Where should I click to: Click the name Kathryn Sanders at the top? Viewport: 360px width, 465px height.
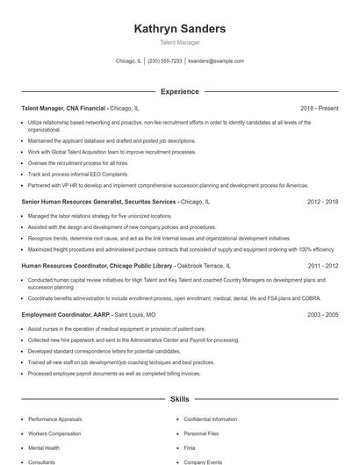[179, 28]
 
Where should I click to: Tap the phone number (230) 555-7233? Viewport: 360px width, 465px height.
[164, 61]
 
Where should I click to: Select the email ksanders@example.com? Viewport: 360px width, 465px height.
[216, 61]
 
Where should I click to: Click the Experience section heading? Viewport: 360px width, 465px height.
[179, 91]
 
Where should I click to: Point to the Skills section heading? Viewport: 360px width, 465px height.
[179, 399]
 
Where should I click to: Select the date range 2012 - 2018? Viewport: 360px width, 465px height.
[322, 201]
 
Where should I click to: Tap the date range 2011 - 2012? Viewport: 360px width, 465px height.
[322, 264]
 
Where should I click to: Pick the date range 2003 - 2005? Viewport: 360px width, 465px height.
[322, 313]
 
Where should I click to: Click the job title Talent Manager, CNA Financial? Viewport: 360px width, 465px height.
[63, 108]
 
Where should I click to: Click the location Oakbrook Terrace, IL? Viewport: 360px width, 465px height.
[205, 264]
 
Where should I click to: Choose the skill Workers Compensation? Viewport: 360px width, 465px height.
[55, 433]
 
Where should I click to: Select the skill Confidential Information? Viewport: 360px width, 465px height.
[210, 419]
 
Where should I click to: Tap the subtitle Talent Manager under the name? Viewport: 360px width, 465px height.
[179, 42]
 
